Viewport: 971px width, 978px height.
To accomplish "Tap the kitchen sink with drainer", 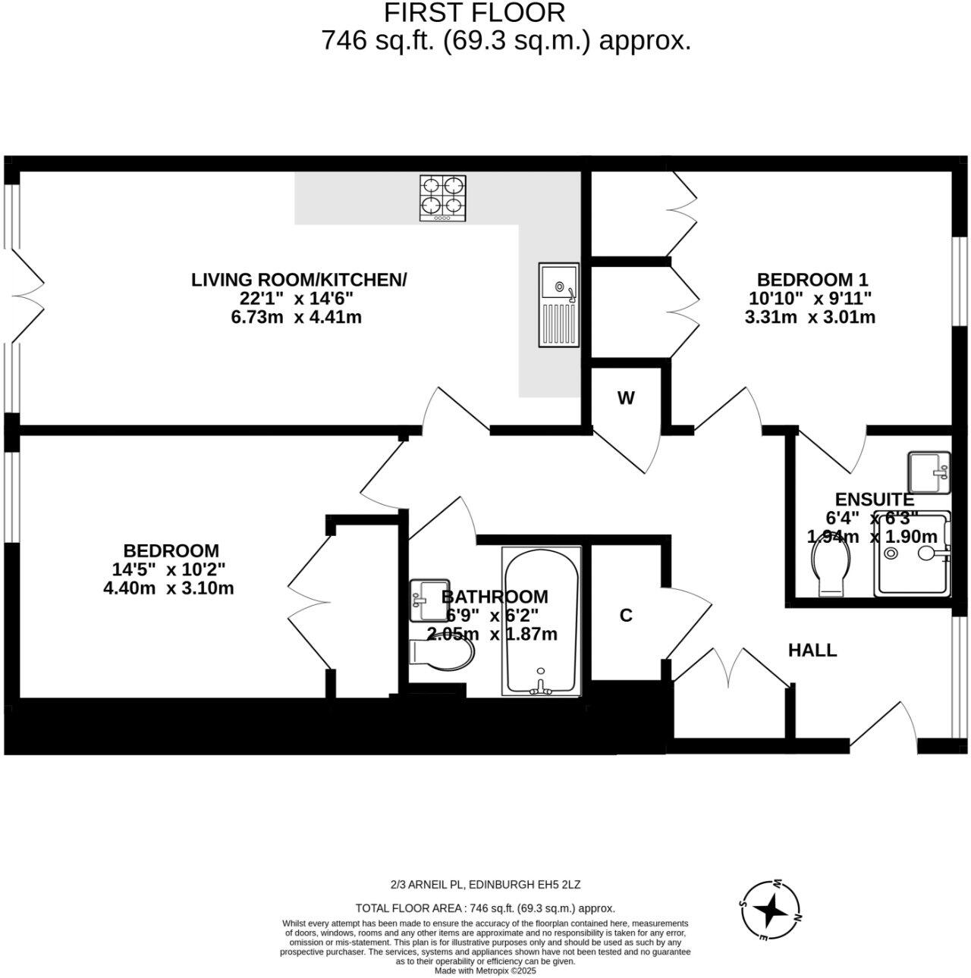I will pos(559,305).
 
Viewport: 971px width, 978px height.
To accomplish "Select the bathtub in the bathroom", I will pos(541,621).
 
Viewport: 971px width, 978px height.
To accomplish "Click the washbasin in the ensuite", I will pos(929,471).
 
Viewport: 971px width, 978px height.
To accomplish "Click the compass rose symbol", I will pos(770,910).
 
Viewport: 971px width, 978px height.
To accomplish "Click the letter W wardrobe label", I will pos(625,399).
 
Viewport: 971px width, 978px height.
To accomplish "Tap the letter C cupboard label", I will pos(626,616).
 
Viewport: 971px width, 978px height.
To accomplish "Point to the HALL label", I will pos(812,650).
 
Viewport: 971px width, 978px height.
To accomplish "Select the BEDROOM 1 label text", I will pos(812,278).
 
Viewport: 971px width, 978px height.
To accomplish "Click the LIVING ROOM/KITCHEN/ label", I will pos(299,279).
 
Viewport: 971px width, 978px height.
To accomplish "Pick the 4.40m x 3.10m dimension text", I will pos(168,588).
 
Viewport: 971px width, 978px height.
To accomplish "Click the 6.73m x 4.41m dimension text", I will pos(296,317).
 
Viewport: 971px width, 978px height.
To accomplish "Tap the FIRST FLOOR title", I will pos(475,13).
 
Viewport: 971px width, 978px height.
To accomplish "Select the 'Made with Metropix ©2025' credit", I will pos(485,970).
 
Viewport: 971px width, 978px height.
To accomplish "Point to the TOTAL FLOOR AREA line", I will pos(485,908).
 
